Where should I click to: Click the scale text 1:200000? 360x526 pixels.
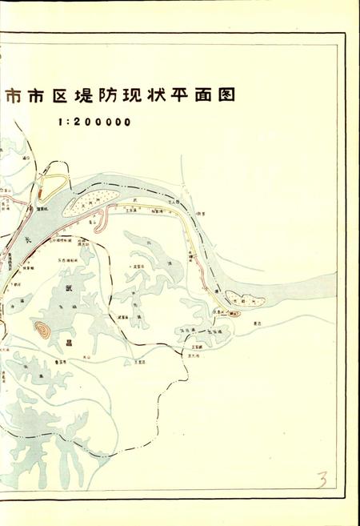94,123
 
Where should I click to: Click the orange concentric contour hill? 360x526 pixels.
42,328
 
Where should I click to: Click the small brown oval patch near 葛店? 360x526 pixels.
234,314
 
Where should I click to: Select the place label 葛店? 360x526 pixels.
258,323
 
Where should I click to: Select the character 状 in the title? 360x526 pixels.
153,97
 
